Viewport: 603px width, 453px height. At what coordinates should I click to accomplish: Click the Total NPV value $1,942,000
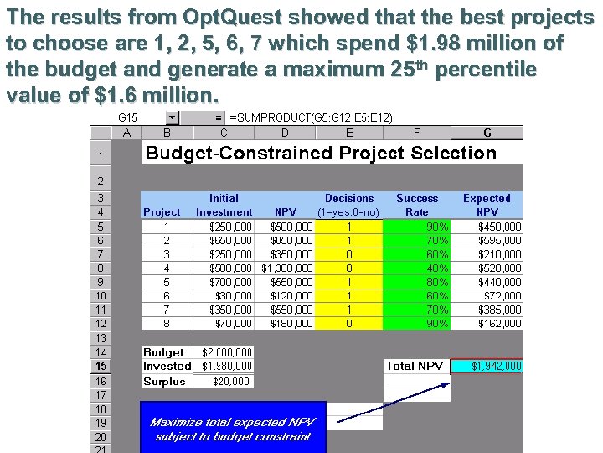pyautogui.click(x=487, y=366)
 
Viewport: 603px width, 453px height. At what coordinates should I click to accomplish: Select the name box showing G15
pyautogui.click(x=134, y=117)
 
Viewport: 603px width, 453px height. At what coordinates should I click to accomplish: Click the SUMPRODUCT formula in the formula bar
pyautogui.click(x=311, y=117)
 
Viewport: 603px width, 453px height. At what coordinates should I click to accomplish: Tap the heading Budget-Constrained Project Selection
pyautogui.click(x=321, y=153)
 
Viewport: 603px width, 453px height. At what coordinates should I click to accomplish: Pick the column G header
pyautogui.click(x=487, y=133)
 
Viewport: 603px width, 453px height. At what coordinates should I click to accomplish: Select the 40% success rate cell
pyautogui.click(x=417, y=268)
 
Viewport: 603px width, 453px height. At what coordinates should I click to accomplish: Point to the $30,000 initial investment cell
pyautogui.click(x=224, y=296)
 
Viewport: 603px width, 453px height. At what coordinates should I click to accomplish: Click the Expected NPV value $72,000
pyautogui.click(x=487, y=296)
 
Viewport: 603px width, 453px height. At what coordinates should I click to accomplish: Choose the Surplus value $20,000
pyautogui.click(x=224, y=381)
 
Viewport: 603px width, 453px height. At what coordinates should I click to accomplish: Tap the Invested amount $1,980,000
pyautogui.click(x=224, y=366)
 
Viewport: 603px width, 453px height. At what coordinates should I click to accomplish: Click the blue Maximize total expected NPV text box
pyautogui.click(x=232, y=429)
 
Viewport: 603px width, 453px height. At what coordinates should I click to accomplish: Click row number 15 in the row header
pyautogui.click(x=100, y=366)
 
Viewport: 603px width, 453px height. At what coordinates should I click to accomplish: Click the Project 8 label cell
pyautogui.click(x=167, y=323)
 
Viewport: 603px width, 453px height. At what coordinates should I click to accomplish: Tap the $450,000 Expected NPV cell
pyautogui.click(x=487, y=226)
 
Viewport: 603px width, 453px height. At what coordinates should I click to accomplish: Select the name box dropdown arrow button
pyautogui.click(x=173, y=117)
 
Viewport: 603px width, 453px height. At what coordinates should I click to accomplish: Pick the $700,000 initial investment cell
pyautogui.click(x=224, y=283)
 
